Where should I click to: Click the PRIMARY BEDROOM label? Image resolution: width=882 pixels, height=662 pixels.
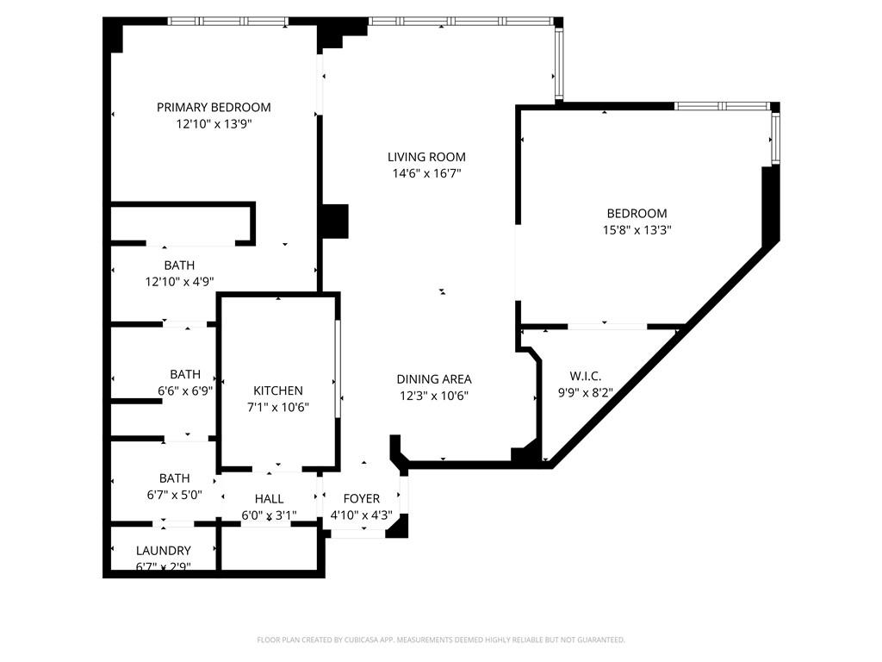(x=214, y=108)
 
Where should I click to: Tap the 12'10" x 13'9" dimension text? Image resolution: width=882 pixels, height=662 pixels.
(x=214, y=124)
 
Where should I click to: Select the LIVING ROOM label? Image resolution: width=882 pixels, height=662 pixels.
(x=426, y=157)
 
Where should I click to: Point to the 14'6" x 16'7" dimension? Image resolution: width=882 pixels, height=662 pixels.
(x=426, y=173)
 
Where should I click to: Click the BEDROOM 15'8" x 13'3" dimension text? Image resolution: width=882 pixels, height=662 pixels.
(x=637, y=230)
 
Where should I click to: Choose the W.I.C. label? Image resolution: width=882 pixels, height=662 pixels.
(x=586, y=377)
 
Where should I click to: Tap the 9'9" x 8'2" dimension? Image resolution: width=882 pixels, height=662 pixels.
(x=586, y=393)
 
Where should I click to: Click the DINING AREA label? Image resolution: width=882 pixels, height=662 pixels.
(x=434, y=379)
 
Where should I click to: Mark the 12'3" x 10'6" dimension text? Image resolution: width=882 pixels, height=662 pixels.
(x=434, y=396)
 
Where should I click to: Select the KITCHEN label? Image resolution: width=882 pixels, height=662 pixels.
(x=277, y=390)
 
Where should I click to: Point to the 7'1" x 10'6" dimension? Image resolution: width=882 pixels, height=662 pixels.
(x=277, y=407)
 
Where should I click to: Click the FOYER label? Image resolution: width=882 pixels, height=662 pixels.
(x=362, y=499)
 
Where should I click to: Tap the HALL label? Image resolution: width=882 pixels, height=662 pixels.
(x=269, y=499)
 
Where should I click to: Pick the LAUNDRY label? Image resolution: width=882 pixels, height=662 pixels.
(x=164, y=551)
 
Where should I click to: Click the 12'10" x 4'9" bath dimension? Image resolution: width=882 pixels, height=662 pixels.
(x=180, y=281)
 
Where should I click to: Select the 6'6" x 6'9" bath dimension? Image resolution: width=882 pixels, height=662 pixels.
(x=185, y=390)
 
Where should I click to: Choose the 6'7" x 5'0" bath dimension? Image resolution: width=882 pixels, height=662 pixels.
(x=174, y=495)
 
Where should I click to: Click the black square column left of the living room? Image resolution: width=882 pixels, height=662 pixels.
(x=332, y=221)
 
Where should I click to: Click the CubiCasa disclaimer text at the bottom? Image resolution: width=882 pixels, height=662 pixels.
(x=441, y=640)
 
